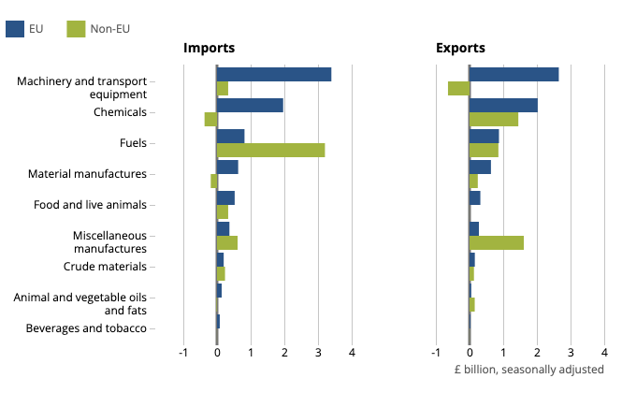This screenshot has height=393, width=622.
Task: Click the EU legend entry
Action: coord(25,29)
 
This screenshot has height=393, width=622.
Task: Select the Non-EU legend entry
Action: coord(98,29)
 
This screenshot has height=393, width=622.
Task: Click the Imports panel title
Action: coord(209,48)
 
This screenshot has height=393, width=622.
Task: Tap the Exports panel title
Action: coord(460,48)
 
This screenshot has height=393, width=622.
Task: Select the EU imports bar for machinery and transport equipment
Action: coord(274,74)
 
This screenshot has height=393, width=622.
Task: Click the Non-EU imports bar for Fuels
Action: coord(270,150)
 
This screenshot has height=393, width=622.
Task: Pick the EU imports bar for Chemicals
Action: coord(250,106)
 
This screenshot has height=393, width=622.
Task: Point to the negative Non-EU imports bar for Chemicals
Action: coord(210,119)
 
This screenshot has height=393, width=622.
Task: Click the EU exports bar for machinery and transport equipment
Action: coord(514,74)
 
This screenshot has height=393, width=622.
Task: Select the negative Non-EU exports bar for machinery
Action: coord(458,88)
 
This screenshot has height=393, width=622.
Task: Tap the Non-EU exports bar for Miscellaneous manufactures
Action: coord(496,242)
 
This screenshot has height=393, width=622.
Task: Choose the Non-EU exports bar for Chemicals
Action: coord(493,119)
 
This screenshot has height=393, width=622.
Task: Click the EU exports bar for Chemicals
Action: coord(503,106)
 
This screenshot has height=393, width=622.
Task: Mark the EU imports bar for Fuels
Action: coord(230,137)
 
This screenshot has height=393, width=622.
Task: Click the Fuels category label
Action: coord(133,143)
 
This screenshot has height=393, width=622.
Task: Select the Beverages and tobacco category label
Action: coord(86,328)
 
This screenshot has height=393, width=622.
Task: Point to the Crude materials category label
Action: coord(105,267)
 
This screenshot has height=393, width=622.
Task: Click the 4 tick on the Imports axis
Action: coord(352,354)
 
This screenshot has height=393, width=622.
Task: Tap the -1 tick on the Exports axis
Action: coord(435,354)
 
